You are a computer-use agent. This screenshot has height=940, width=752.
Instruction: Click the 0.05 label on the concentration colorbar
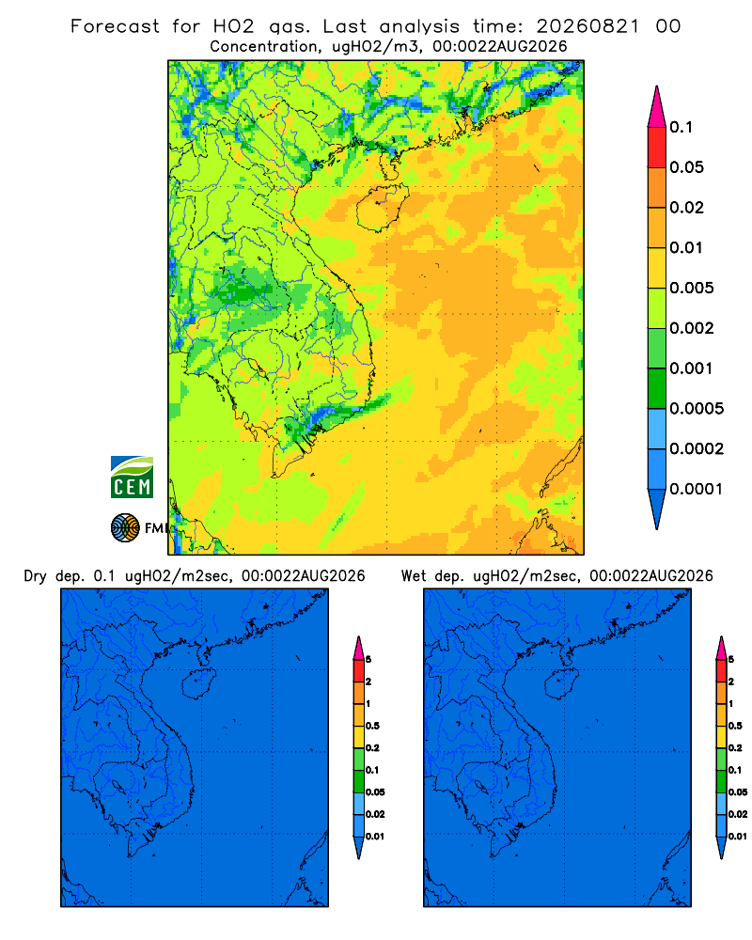click(x=686, y=167)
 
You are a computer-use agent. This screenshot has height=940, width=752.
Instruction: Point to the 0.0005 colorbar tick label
click(x=697, y=409)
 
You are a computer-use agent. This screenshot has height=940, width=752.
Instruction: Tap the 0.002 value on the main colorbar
click(x=692, y=328)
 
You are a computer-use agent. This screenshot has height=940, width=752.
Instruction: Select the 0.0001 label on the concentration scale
click(x=696, y=489)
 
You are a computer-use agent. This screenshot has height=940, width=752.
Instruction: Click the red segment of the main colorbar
click(x=657, y=148)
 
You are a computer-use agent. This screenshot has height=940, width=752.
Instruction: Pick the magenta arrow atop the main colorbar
click(x=657, y=108)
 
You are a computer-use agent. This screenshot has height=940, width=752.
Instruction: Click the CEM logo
click(x=132, y=478)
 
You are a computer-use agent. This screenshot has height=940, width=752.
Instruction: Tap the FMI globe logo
click(x=125, y=527)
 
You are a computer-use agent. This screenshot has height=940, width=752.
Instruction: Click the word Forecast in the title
click(x=115, y=26)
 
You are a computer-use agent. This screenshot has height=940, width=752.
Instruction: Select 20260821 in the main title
click(x=587, y=26)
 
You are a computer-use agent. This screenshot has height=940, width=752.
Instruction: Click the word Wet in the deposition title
click(x=414, y=576)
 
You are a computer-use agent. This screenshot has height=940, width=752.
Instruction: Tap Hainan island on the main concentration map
click(x=382, y=207)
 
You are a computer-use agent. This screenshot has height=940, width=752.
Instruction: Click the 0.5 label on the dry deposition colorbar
click(x=372, y=726)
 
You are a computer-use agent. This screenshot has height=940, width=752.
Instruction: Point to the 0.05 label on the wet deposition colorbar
click(x=738, y=791)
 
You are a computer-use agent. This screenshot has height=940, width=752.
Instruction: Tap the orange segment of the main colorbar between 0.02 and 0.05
click(x=657, y=188)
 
